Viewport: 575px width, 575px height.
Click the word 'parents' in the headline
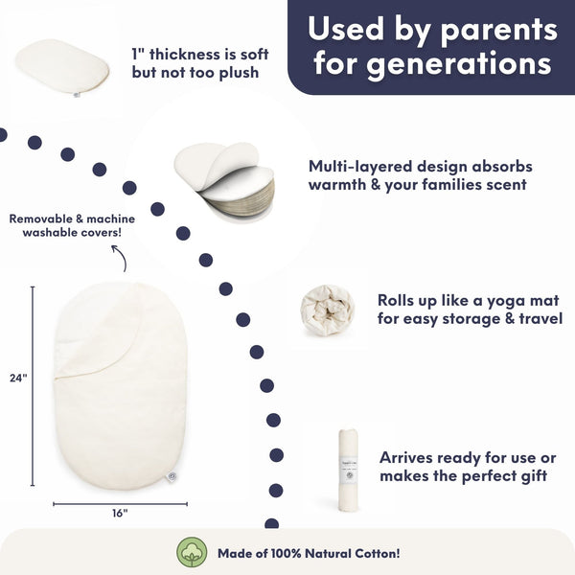(x=498, y=31)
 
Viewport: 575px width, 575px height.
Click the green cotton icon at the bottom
(x=192, y=552)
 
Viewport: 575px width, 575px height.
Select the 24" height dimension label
(x=18, y=378)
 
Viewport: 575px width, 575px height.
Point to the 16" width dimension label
(x=120, y=513)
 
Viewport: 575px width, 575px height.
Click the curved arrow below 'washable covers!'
(x=121, y=258)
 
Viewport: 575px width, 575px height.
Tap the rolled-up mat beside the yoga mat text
(x=327, y=310)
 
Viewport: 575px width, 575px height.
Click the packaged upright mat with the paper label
(x=348, y=471)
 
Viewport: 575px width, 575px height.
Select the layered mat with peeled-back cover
(x=224, y=182)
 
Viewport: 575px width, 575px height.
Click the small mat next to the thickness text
(x=62, y=67)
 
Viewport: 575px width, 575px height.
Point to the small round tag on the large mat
(x=171, y=476)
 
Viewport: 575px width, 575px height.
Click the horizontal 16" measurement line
(x=120, y=504)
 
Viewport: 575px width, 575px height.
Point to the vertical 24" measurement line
(x=33, y=386)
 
